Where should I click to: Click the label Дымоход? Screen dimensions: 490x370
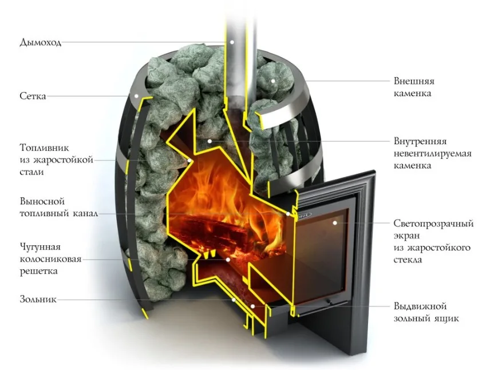(40, 42)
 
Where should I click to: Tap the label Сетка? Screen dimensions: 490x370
(33, 96)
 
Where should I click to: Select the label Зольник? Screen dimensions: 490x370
(38, 299)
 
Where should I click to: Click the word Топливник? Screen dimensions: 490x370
(45, 148)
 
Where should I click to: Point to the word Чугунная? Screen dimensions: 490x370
(40, 247)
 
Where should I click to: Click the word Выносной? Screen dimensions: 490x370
(42, 201)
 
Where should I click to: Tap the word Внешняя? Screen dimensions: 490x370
(414, 81)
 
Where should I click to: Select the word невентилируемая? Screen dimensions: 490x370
(432, 154)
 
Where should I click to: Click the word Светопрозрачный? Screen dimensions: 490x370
(433, 224)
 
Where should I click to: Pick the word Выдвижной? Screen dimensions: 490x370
(420, 307)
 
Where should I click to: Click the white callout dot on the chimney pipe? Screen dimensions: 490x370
(232, 42)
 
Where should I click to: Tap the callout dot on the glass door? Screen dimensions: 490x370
(335, 223)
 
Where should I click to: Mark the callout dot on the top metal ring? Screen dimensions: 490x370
(137, 96)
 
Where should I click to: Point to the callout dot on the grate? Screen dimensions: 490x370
(228, 260)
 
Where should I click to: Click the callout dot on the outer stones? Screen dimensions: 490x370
(273, 81)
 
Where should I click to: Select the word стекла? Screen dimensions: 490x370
(408, 260)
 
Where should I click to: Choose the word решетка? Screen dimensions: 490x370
(39, 271)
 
